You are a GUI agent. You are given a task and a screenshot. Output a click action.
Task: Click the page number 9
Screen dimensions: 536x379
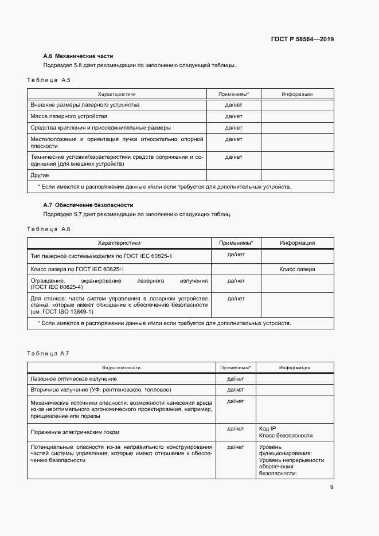331,487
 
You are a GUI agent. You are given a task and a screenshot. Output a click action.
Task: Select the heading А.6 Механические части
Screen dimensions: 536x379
78,56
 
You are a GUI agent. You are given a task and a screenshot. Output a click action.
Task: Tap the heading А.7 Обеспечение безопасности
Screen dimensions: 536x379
88,205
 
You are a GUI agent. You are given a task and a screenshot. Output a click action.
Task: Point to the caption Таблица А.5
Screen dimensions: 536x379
48,80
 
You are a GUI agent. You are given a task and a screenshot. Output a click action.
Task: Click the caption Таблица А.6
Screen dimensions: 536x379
48,229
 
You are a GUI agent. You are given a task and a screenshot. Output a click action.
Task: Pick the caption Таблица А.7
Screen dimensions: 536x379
48,353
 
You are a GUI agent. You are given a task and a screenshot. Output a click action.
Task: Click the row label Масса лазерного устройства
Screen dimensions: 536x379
69,116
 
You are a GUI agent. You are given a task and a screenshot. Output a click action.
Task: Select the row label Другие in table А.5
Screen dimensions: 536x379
40,175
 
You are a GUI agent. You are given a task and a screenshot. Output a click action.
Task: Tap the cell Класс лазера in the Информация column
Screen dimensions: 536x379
297,269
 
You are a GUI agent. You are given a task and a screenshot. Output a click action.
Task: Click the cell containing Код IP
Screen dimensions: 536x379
268,428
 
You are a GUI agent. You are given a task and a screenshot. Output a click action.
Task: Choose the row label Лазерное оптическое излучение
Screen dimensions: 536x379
72,379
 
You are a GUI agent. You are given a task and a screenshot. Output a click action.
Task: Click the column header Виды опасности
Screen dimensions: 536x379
121,367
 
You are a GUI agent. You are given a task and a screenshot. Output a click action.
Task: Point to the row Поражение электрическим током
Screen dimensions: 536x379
75,432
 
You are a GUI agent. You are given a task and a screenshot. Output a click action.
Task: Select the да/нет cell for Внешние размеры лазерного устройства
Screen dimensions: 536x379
233,105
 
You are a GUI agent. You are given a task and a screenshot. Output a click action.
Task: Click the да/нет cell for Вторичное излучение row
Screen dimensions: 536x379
236,390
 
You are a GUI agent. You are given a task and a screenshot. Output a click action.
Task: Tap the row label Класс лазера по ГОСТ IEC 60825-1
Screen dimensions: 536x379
77,269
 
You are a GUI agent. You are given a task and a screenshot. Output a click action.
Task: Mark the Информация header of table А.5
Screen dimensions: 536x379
297,93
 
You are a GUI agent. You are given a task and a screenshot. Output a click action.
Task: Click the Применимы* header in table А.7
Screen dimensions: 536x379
236,367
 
